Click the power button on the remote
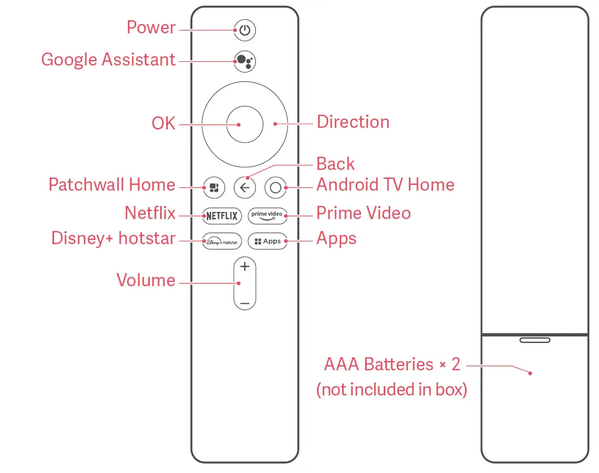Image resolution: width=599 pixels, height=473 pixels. [x=245, y=31]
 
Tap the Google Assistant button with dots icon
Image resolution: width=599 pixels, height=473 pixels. [x=245, y=61]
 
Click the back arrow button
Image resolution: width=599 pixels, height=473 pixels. [x=245, y=188]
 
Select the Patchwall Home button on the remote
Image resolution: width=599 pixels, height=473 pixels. [x=213, y=188]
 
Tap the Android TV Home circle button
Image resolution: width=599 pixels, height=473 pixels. [x=275, y=188]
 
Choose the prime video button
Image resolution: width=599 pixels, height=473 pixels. [x=267, y=216]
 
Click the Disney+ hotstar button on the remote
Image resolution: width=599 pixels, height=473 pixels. [x=221, y=241]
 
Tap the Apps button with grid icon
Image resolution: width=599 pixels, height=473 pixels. [x=267, y=241]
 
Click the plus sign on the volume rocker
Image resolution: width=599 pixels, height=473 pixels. [x=245, y=267]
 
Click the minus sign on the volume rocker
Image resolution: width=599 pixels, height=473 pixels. [x=245, y=303]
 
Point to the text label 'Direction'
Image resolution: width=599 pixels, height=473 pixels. [x=353, y=122]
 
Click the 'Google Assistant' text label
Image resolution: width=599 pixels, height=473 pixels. [x=108, y=60]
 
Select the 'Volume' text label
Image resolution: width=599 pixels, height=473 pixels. [x=146, y=280]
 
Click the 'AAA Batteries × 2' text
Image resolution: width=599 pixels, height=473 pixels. [x=392, y=364]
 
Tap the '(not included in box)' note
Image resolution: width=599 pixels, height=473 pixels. [x=391, y=390]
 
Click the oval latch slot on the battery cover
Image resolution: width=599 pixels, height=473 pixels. [x=535, y=340]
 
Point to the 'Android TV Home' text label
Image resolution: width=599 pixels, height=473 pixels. [x=385, y=185]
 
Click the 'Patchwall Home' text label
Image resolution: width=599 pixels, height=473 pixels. [x=111, y=185]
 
